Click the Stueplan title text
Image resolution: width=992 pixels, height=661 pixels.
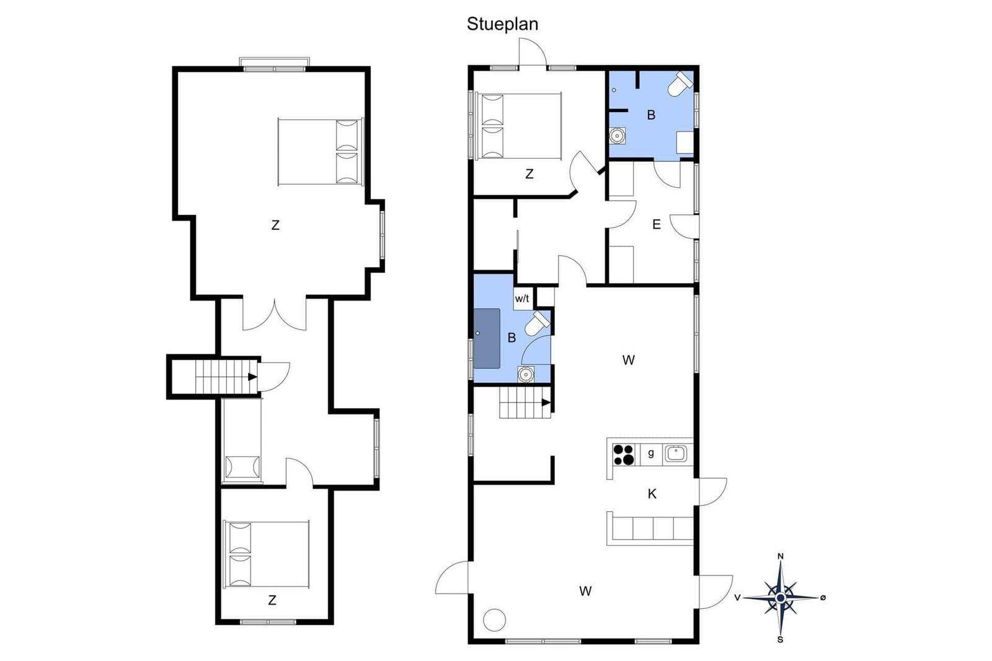pos(502,24)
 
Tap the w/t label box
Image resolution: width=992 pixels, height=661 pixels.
pos(523,299)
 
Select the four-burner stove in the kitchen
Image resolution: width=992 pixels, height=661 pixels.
pos(623,455)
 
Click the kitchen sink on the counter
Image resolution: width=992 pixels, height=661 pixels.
pos(676,454)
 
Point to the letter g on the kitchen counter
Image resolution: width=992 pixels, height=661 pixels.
pos(650,453)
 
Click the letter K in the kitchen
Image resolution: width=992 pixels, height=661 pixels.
pos(652,494)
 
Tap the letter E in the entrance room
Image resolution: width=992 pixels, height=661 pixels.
pos(657,224)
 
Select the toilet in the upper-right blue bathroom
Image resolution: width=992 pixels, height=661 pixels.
pos(680,84)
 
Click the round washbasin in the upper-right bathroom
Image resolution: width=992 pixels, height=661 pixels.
pos(616,136)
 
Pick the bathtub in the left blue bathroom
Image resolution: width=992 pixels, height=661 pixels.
pos(487,338)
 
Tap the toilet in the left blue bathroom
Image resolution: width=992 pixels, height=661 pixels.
pos(537,323)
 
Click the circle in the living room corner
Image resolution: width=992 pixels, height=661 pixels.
pos(494,620)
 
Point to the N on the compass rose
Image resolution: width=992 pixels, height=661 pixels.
pos(781,556)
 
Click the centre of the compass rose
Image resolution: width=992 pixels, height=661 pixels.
pos(781,598)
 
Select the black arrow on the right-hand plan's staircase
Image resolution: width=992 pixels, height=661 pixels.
pos(546,403)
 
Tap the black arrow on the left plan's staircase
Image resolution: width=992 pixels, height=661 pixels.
pos(252,377)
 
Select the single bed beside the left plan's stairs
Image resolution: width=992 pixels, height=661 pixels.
pos(242,440)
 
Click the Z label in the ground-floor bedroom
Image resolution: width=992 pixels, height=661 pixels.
pos(529,174)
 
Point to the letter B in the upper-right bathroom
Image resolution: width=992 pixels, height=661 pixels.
pos(651,115)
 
